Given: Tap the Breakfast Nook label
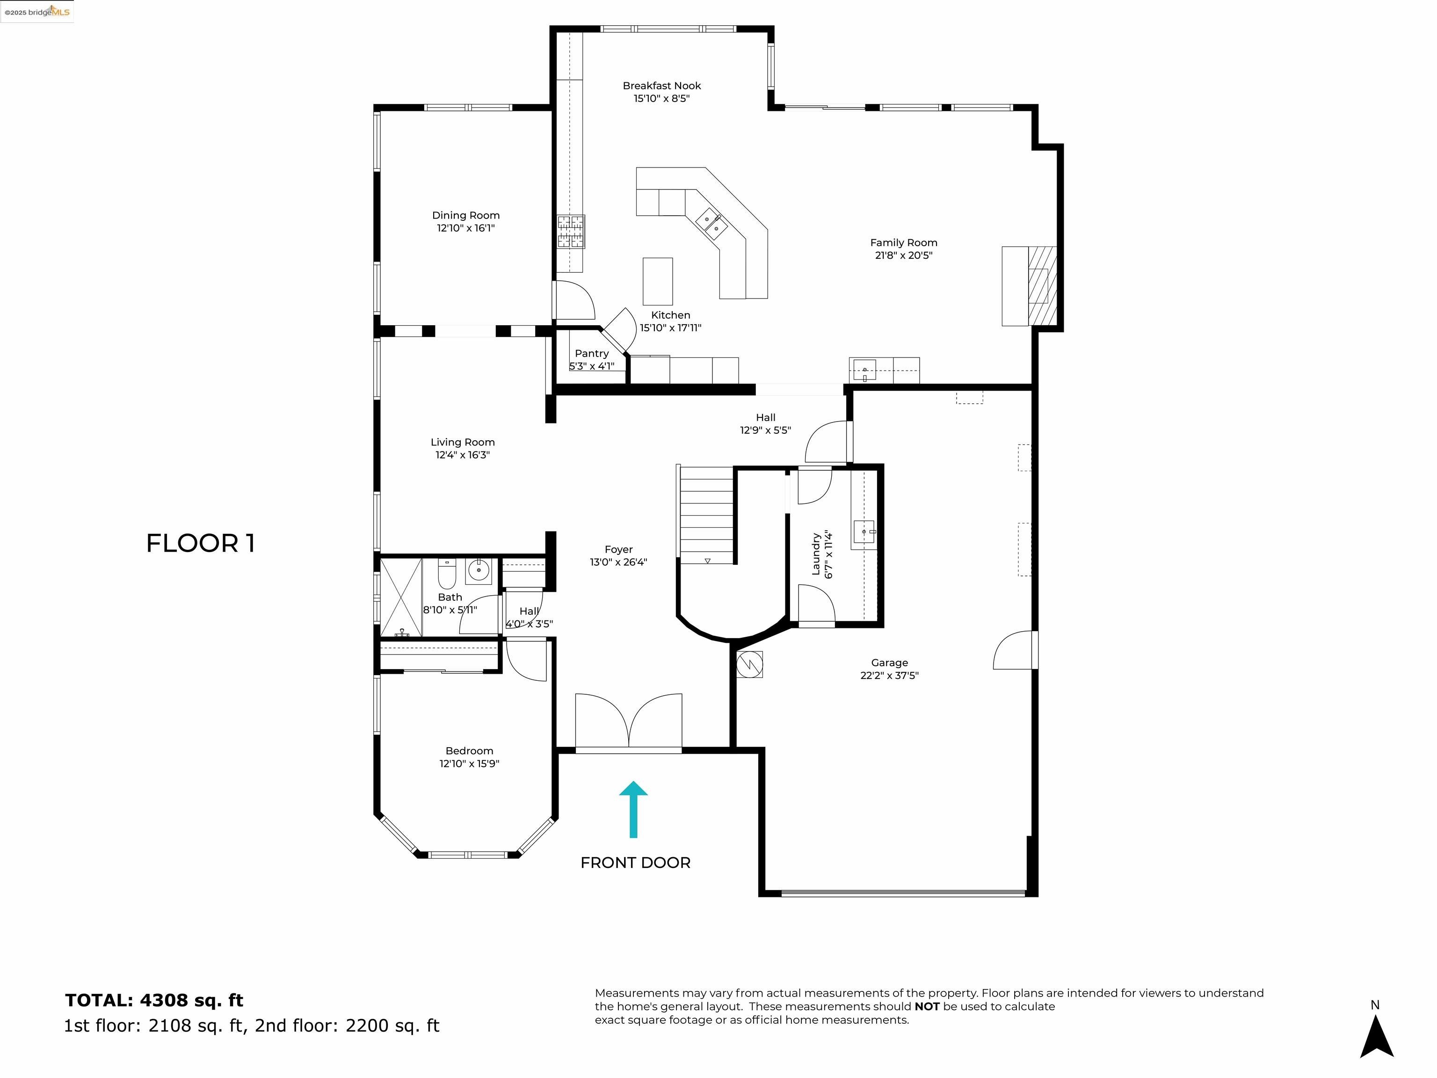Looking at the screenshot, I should (x=661, y=86).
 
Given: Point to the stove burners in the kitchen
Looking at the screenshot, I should (x=570, y=231).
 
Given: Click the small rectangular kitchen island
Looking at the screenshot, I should (x=657, y=281).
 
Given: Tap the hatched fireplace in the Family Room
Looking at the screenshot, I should (x=1042, y=285).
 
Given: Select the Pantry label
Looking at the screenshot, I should (x=591, y=354).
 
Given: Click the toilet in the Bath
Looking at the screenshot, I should (x=447, y=574).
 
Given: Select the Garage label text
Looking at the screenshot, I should (x=889, y=663).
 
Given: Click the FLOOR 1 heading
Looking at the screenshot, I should (x=201, y=543).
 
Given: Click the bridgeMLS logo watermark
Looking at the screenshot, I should (x=37, y=12).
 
